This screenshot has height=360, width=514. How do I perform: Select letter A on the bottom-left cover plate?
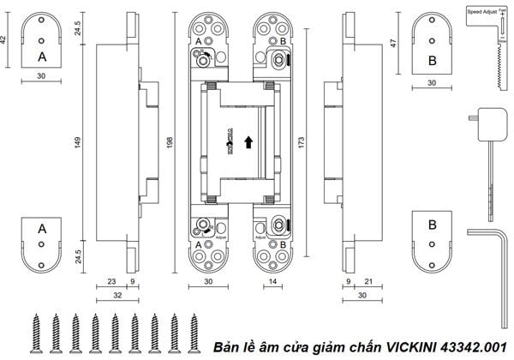tap(42, 229)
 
